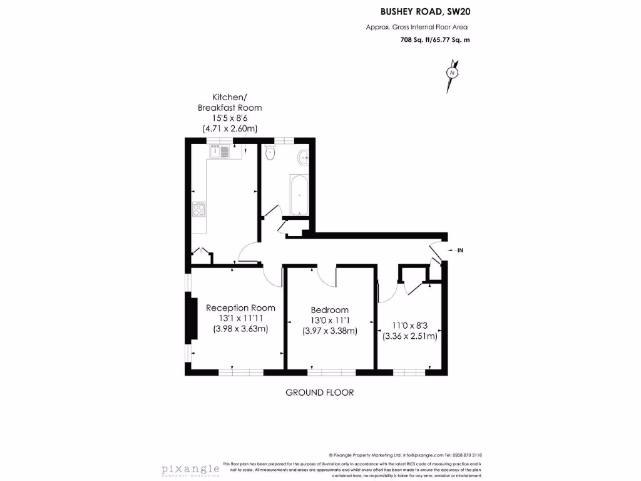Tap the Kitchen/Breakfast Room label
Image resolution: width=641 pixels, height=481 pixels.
pyautogui.click(x=230, y=102)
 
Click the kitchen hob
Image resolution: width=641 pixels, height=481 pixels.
pyautogui.click(x=200, y=209)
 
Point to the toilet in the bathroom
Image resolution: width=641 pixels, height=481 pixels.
pyautogui.click(x=270, y=152)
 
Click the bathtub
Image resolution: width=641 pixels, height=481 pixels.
pyautogui.click(x=298, y=195)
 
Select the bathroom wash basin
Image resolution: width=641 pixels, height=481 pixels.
pyautogui.click(x=304, y=157)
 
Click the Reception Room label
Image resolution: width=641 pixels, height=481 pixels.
pyautogui.click(x=240, y=308)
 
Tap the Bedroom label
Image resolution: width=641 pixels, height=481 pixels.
pyautogui.click(x=330, y=310)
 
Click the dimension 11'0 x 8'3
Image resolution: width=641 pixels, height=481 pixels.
pyautogui.click(x=410, y=326)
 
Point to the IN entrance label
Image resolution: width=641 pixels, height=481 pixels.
pyautogui.click(x=460, y=251)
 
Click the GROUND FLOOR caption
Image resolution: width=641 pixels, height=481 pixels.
pyautogui.click(x=319, y=393)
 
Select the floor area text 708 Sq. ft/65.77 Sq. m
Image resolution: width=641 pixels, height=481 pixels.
pyautogui.click(x=434, y=39)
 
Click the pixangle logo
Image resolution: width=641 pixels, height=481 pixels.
pyautogui.click(x=190, y=469)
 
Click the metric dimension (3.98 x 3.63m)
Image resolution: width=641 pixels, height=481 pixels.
pyautogui.click(x=240, y=329)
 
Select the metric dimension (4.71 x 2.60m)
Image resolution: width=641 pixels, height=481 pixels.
pyautogui.click(x=230, y=128)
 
